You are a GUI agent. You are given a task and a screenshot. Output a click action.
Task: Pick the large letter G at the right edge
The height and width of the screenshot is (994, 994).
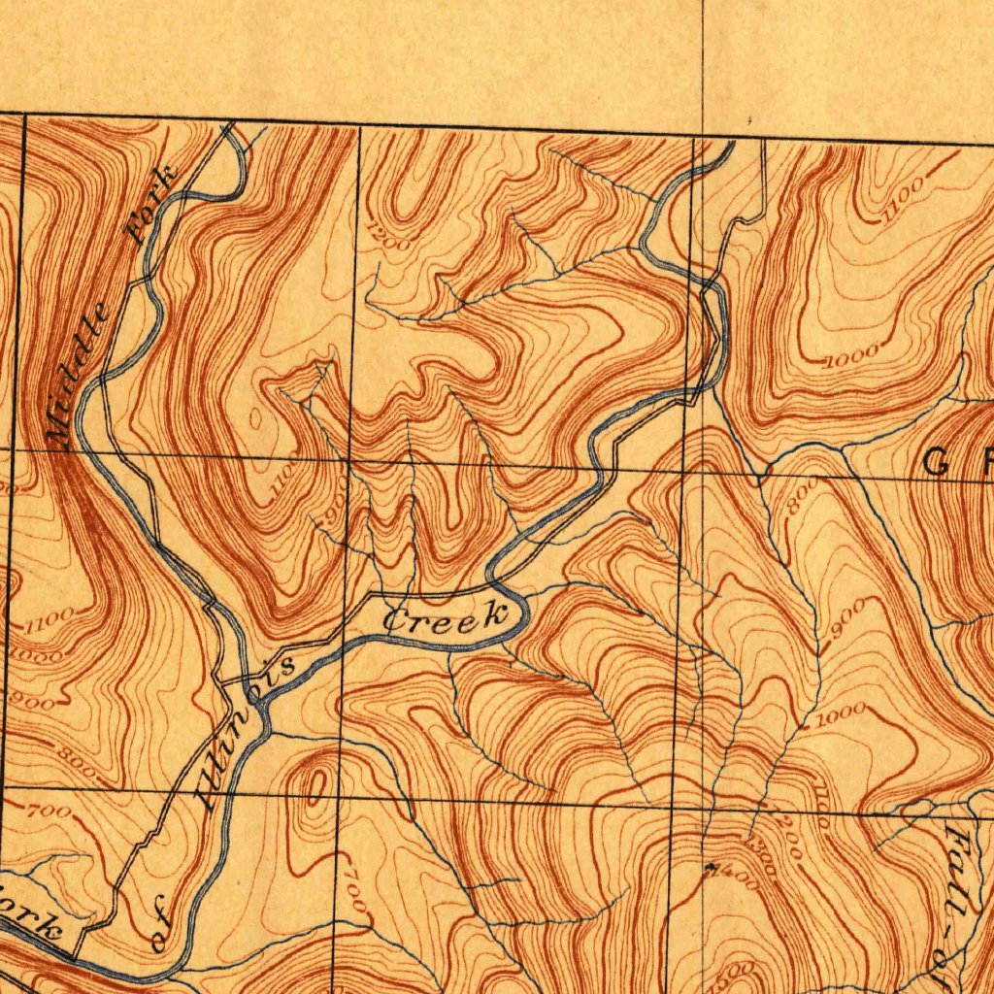(936, 464)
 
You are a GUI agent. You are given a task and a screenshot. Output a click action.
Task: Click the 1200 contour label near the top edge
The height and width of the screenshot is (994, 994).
(389, 236)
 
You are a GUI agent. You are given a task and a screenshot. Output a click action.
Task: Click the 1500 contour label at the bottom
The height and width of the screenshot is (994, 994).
(738, 971)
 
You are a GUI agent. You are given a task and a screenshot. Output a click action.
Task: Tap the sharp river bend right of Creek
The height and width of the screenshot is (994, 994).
(522, 612)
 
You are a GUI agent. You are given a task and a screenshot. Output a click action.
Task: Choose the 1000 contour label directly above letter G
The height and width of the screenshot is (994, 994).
(851, 356)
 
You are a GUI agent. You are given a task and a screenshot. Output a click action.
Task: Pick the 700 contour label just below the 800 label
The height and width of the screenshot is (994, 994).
(49, 811)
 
